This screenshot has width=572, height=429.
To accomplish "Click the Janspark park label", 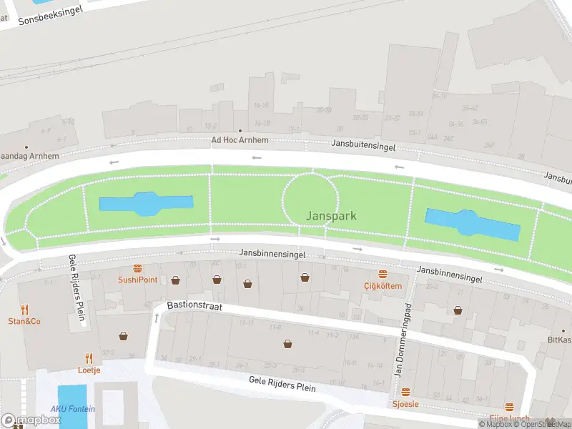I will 331,215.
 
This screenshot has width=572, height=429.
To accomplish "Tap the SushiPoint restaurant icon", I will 137,269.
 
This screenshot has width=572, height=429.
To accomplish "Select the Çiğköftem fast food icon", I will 383,275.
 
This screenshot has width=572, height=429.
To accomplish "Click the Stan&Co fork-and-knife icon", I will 24,310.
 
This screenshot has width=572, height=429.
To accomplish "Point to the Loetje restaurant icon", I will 89,358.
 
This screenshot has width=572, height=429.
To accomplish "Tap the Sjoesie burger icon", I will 405,393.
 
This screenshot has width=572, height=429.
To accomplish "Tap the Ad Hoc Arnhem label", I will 240,140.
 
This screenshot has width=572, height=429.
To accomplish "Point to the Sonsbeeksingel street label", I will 50,14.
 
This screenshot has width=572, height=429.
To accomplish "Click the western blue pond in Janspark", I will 145,204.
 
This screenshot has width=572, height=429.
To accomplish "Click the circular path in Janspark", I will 311,199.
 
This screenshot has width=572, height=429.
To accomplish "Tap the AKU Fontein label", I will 72,409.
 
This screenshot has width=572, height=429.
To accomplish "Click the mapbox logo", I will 31,420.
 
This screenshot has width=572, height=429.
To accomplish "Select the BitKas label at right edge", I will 559,340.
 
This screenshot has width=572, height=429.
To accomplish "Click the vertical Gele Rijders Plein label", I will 77,290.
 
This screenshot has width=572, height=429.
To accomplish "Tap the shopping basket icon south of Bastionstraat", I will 288,344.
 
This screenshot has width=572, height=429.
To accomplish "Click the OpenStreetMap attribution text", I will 543,424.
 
